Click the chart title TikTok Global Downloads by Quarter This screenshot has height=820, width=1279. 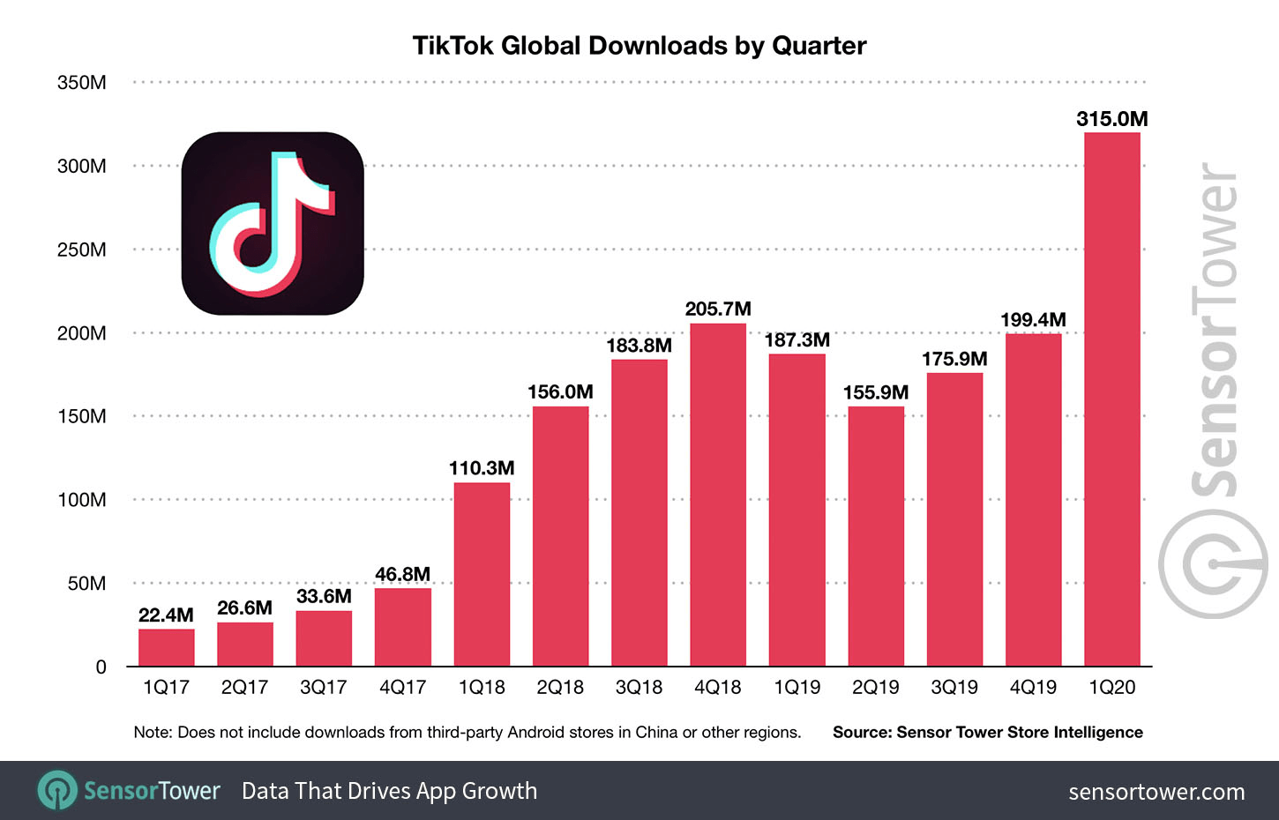[x=639, y=46]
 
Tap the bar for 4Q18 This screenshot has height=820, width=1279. [x=717, y=494]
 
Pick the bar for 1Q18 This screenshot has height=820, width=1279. [x=482, y=573]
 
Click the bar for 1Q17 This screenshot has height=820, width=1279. [x=166, y=647]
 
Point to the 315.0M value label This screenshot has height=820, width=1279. [x=1111, y=119]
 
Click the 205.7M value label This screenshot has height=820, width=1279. [x=718, y=309]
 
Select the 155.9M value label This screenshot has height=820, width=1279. [x=875, y=392]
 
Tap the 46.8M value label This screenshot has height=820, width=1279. [x=402, y=575]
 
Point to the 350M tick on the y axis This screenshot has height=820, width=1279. [x=81, y=83]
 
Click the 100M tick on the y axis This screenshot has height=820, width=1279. [x=81, y=500]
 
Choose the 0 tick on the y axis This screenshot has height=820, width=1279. [x=101, y=667]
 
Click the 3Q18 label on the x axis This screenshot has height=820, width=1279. [x=639, y=688]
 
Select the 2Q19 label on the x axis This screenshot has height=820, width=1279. [x=875, y=688]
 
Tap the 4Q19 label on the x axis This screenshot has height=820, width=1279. [x=1033, y=688]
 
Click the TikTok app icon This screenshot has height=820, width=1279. [x=273, y=224]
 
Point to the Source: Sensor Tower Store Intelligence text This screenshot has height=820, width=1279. [x=987, y=733]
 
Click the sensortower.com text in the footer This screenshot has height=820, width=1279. [x=1156, y=792]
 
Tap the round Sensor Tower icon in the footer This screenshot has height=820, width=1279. [x=57, y=790]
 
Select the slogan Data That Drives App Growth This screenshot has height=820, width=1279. [x=389, y=791]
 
